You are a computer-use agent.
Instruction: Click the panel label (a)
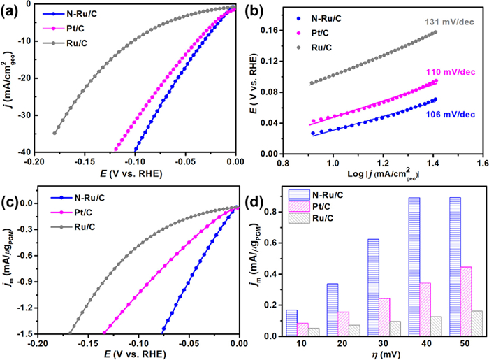(12, 12)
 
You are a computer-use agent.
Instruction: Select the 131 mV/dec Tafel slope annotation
(446, 22)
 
